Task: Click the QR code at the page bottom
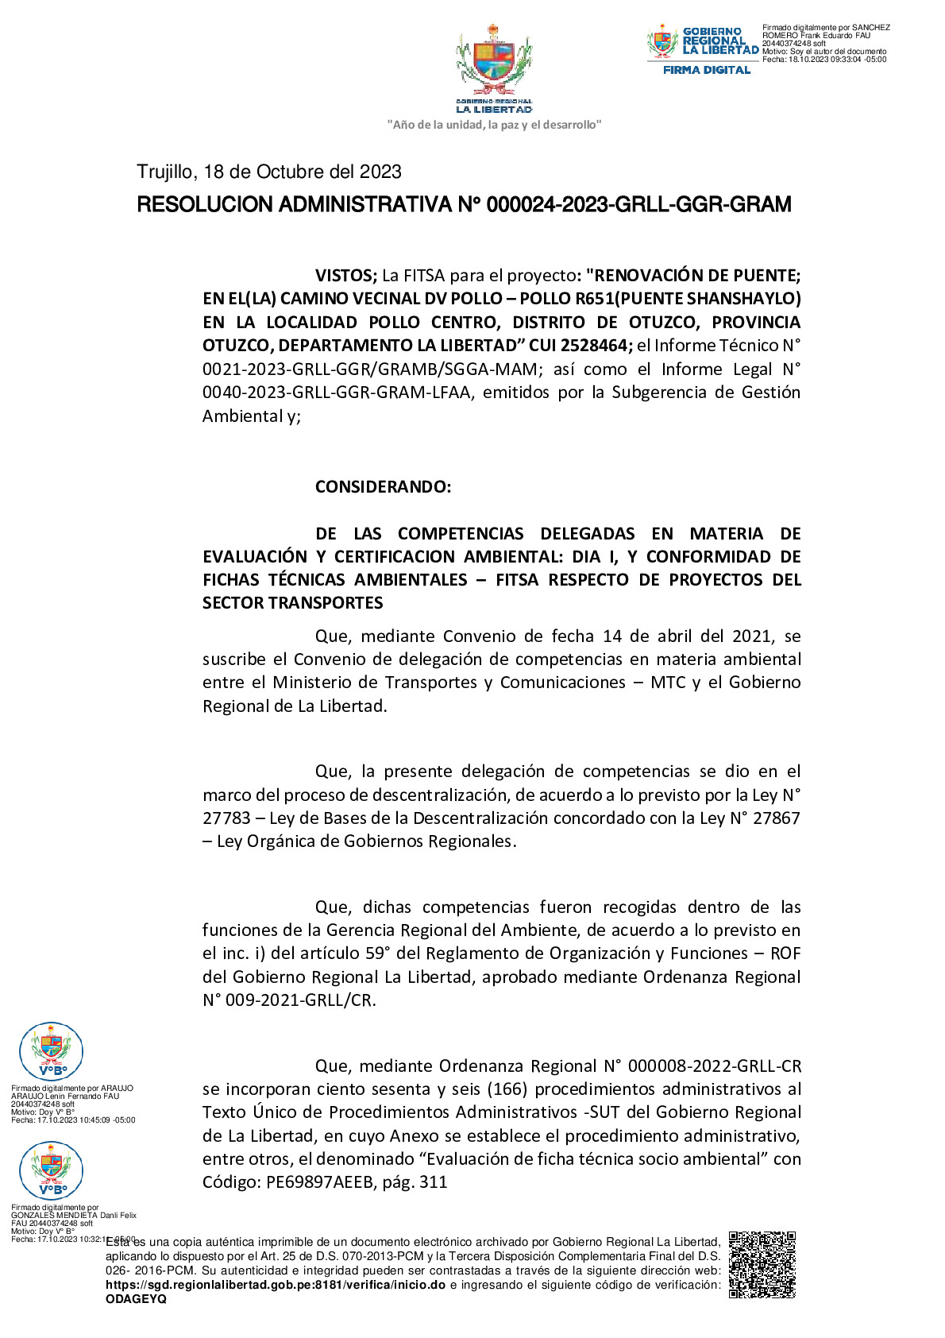[762, 1265]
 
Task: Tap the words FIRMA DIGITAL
[707, 70]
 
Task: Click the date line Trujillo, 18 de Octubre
[268, 172]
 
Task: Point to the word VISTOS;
[345, 276]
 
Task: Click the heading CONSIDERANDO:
[383, 487]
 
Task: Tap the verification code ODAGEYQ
[136, 1299]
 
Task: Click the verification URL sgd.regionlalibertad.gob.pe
[275, 1285]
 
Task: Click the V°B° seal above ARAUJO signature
[51, 1052]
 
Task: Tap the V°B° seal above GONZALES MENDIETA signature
[51, 1170]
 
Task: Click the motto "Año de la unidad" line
[493, 125]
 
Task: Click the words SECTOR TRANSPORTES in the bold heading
[292, 603]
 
